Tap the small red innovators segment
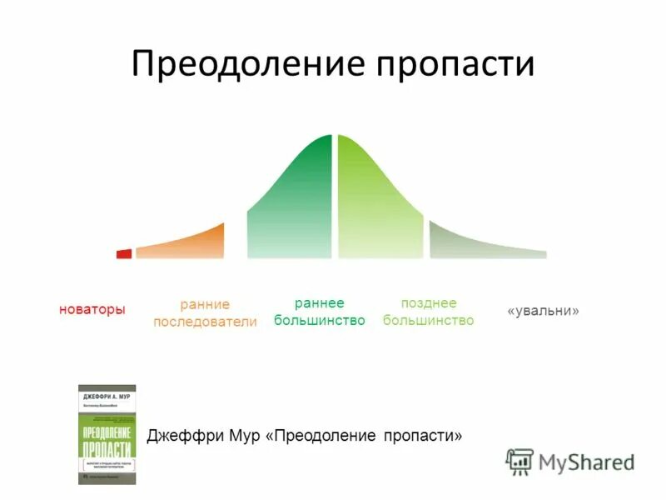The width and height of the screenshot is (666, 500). coord(124,253)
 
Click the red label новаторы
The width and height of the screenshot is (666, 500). coord(92,310)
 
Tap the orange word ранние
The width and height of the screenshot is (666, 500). coord(205,304)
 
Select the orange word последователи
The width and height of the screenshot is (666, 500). coord(205,322)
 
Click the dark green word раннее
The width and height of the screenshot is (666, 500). coord(320,303)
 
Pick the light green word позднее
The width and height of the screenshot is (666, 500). coord(429,303)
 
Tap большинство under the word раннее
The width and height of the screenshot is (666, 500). coord(320,321)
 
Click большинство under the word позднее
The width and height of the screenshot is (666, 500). coord(429,321)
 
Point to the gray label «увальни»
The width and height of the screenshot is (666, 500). coord(543,311)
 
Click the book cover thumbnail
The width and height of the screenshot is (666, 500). coord(107,434)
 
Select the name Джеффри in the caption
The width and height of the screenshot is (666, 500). coord(178,436)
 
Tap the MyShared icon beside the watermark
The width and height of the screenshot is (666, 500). coord(519,462)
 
